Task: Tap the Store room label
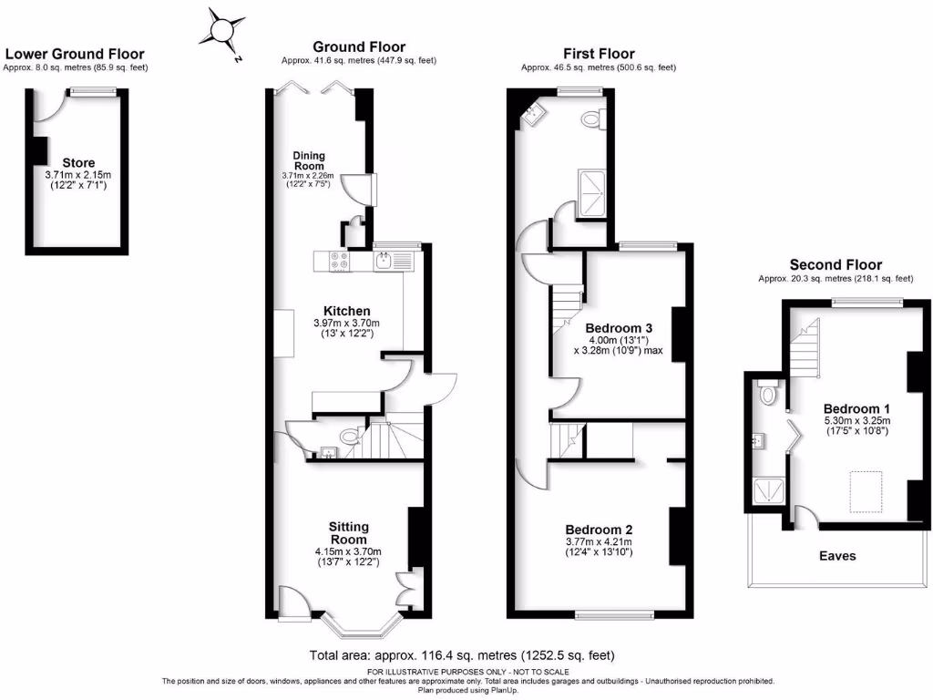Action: tap(78, 163)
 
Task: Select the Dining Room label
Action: tap(309, 160)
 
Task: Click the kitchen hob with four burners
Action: tap(339, 262)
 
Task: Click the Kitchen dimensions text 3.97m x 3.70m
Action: tap(338, 323)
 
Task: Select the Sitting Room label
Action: tap(349, 532)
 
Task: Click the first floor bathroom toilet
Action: tap(591, 118)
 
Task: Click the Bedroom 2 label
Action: tap(599, 530)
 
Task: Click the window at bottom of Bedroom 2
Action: tap(614, 614)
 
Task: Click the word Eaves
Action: tap(837, 555)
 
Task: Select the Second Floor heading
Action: tap(836, 265)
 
